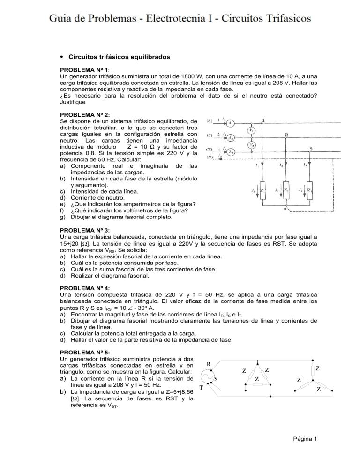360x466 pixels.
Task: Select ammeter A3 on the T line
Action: pyautogui.click(x=231, y=152)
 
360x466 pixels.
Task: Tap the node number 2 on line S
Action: pyautogui.click(x=286, y=135)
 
